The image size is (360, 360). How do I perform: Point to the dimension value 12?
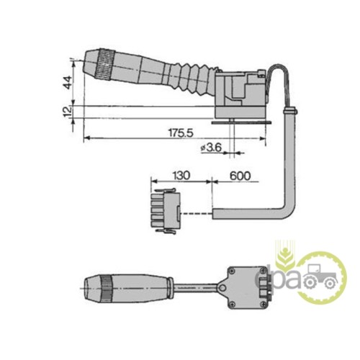tap(66, 112)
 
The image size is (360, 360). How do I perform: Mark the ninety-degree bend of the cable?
tap(288, 210)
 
